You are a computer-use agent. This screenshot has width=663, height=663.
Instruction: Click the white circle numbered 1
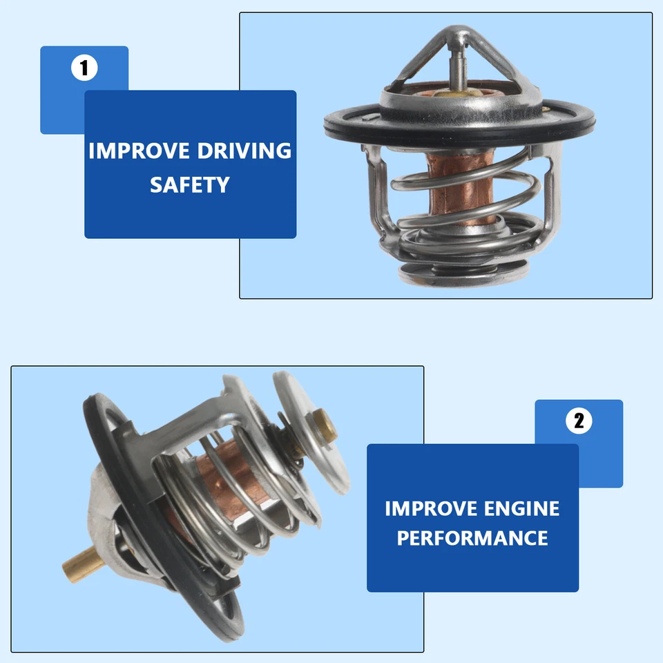(x=84, y=68)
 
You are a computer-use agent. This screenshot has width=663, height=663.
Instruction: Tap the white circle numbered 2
(x=579, y=421)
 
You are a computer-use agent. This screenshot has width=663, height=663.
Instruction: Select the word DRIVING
(x=245, y=151)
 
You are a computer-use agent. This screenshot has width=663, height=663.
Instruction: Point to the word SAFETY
(x=190, y=184)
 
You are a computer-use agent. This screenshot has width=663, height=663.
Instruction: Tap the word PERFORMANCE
(x=472, y=538)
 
